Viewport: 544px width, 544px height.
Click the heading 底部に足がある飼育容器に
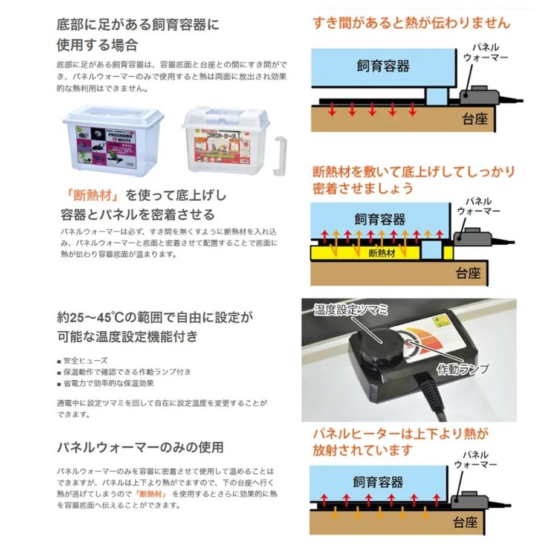[137, 25]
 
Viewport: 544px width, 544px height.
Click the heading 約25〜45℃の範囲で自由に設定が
[154, 317]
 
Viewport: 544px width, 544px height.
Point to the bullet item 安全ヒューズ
[85, 360]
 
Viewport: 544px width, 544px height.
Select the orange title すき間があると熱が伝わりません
[411, 23]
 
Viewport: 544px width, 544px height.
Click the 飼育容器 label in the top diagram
[383, 65]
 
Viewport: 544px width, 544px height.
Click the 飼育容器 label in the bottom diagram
[378, 482]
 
